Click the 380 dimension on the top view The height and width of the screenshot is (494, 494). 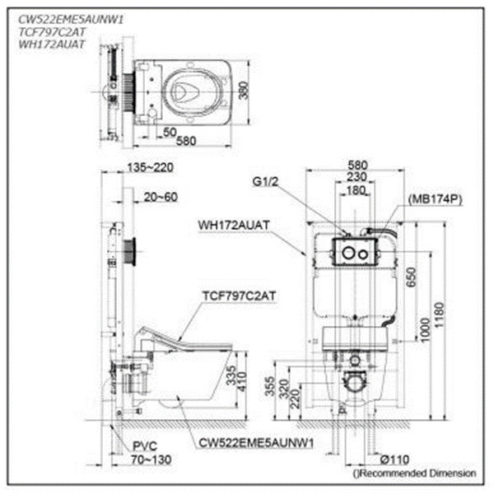(243, 91)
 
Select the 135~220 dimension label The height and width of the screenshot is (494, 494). (151, 167)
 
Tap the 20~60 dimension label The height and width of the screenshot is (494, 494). (161, 198)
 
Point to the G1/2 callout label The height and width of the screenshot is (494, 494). (265, 182)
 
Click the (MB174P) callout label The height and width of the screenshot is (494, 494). (435, 199)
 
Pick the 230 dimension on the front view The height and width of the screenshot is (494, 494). (357, 177)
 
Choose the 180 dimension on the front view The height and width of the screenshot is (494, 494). (356, 191)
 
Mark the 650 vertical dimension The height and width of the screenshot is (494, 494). (411, 277)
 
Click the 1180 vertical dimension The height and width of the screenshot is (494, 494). (438, 315)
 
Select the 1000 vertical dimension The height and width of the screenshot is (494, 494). (425, 330)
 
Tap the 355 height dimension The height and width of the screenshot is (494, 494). (270, 386)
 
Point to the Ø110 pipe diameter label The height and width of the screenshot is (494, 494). (394, 459)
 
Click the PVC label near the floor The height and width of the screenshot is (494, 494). (145, 446)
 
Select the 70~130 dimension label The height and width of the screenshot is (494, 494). (151, 459)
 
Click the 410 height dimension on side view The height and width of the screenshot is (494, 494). (242, 381)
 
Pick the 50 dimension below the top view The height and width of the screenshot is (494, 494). (170, 133)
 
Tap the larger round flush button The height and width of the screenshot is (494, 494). (349, 253)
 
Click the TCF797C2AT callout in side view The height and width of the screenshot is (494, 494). (239, 296)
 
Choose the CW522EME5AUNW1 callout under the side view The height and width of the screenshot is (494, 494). (256, 443)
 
